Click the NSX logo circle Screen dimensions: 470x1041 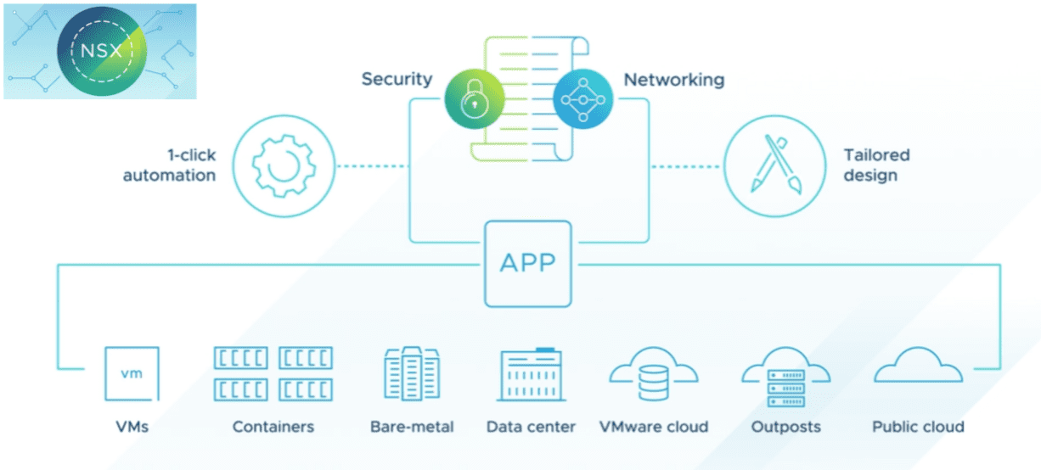(x=100, y=50)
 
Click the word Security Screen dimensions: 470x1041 (x=397, y=80)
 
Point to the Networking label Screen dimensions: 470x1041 (x=674, y=81)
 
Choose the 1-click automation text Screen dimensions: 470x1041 (x=169, y=165)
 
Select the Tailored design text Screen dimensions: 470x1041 (x=876, y=165)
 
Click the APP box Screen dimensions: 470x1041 (x=526, y=263)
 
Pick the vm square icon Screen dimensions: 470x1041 (x=131, y=373)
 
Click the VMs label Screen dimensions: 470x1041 (x=131, y=427)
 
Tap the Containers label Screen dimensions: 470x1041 (x=273, y=427)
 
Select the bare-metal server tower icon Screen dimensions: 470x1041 (x=412, y=373)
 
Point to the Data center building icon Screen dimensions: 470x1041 (x=531, y=374)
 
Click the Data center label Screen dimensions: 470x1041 (x=531, y=427)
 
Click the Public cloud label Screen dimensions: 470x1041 (x=918, y=427)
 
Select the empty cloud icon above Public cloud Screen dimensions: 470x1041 (x=918, y=366)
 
